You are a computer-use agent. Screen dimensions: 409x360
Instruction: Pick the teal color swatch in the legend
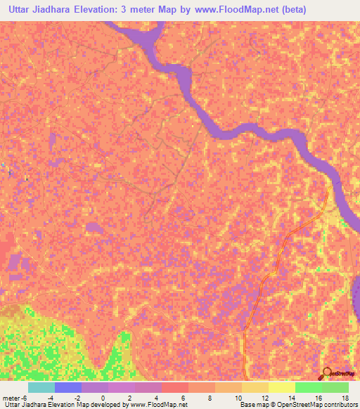[x=41, y=387]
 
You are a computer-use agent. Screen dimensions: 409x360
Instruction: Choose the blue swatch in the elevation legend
[x=68, y=387]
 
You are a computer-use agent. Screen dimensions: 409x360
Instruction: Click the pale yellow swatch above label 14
[x=282, y=387]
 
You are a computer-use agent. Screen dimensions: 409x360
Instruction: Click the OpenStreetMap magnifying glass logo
[x=328, y=372]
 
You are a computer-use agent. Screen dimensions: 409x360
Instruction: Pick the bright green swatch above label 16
[x=309, y=387]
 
